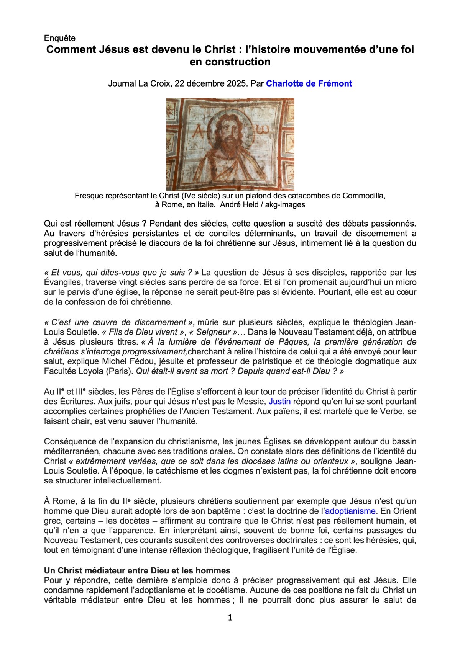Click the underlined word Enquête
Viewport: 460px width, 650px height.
[x=60, y=38]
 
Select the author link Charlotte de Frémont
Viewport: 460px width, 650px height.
[x=309, y=83]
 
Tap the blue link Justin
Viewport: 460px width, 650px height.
[x=279, y=402]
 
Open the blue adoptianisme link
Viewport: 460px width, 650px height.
[x=350, y=511]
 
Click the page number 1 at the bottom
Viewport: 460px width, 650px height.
[x=230, y=617]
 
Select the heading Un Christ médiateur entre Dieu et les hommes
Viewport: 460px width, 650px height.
[x=137, y=571]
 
